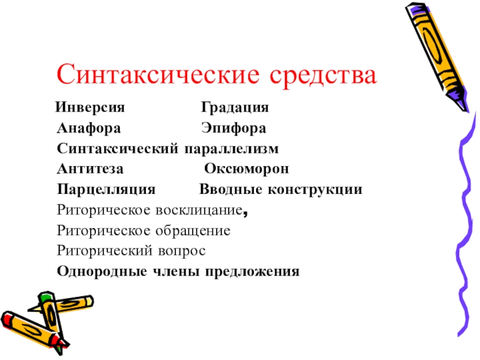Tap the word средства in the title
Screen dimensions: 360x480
[x=324, y=76]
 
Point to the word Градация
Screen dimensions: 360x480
[x=235, y=109]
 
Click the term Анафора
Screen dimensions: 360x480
[x=89, y=129]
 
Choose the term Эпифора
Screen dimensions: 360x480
[x=233, y=129]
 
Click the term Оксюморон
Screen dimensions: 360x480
[x=247, y=169]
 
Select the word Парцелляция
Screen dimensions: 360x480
[x=106, y=190]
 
